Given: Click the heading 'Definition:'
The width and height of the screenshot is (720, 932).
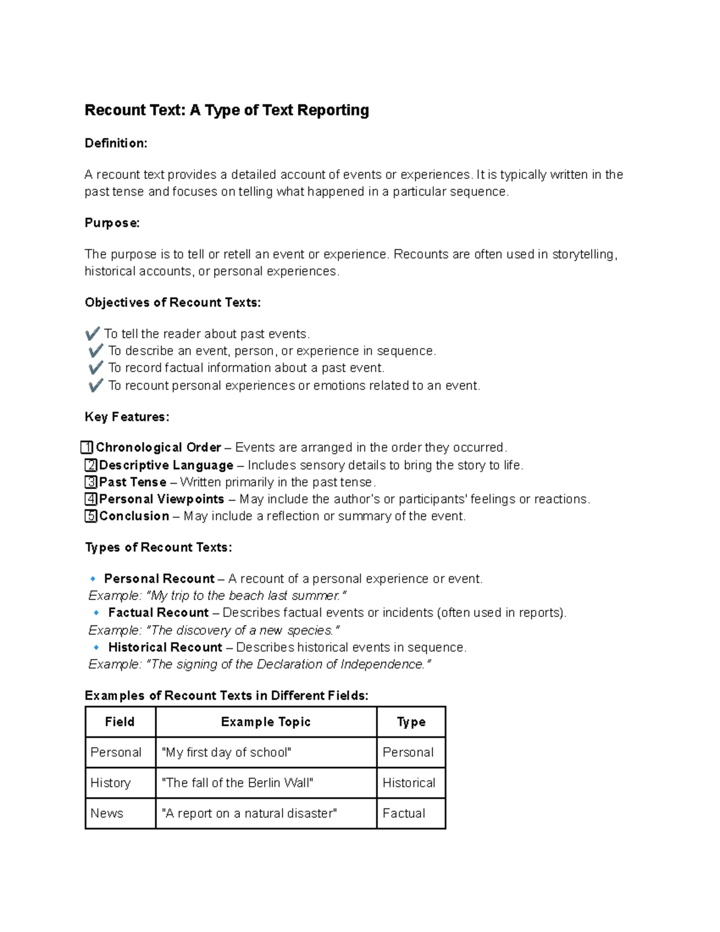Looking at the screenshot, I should point(116,143).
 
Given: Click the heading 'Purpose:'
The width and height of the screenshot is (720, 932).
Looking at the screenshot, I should point(112,223).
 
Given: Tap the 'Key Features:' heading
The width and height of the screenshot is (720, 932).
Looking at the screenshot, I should point(127,417).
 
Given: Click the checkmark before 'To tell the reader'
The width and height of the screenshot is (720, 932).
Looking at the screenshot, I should point(92,334).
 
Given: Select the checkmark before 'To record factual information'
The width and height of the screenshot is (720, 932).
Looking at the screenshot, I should point(95,368).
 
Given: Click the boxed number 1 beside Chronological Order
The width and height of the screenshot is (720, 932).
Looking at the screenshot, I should point(87,448).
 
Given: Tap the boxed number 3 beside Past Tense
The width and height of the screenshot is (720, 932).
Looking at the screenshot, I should point(91,482).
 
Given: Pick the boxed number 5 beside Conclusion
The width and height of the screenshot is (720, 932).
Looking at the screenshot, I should point(91,516).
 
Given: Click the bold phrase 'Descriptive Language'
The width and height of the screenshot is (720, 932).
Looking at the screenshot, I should point(166,465).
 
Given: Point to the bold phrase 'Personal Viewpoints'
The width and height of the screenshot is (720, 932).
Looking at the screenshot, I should point(161,499).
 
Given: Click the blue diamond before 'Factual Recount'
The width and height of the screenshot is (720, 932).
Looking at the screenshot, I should point(97,613).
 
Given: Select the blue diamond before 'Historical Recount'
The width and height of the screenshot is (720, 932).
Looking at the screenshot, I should point(97,648).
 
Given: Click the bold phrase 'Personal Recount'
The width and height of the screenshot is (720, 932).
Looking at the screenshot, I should point(159,579).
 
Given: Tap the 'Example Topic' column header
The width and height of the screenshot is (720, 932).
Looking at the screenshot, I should point(266,722).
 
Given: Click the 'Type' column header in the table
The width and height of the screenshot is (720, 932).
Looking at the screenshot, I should point(411,722).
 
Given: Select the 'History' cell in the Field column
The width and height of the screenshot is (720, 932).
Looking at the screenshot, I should point(110,783).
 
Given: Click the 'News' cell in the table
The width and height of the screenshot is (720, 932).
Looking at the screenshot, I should point(107,814).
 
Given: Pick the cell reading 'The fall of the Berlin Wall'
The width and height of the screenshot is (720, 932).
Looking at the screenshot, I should point(238,783).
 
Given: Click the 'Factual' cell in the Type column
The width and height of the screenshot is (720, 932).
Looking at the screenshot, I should point(404,814).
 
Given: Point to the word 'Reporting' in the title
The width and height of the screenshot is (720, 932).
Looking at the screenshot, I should point(333,110).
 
